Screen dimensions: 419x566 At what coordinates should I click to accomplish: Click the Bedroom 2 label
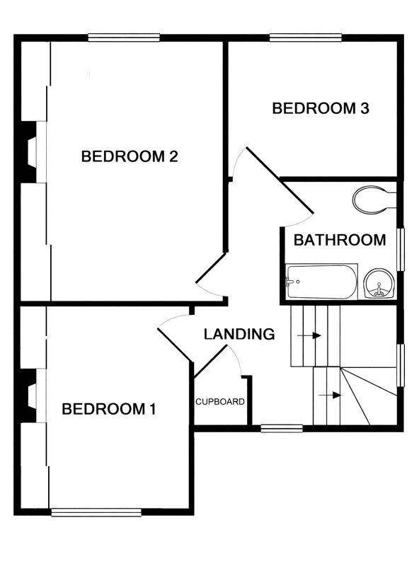tap(130, 156)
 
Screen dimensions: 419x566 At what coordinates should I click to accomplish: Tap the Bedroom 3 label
tap(321, 108)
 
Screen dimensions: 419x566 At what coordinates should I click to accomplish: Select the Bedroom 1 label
tap(109, 409)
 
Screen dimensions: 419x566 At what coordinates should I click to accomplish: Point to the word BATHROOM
tap(340, 240)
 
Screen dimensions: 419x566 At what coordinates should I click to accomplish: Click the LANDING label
tap(239, 334)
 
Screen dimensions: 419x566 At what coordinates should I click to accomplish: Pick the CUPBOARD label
tap(220, 401)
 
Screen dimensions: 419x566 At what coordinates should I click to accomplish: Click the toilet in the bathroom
tap(374, 200)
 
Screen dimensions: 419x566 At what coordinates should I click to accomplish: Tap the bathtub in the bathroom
tap(322, 282)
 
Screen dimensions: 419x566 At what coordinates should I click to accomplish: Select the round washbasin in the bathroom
tap(378, 284)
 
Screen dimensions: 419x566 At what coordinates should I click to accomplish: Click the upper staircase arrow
tap(309, 335)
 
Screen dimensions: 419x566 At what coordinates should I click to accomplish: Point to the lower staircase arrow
tap(329, 395)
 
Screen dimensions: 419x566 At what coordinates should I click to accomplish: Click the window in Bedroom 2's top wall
tap(124, 37)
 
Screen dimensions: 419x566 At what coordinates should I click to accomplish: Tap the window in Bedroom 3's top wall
tap(306, 37)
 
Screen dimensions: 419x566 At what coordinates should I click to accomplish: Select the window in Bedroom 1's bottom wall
tap(96, 512)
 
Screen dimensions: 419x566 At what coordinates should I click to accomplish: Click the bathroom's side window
tap(401, 249)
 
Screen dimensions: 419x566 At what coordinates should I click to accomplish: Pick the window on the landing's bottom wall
tap(282, 429)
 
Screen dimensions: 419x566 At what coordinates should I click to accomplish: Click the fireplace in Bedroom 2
tap(28, 152)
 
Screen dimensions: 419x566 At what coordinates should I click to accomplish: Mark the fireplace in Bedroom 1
tap(28, 395)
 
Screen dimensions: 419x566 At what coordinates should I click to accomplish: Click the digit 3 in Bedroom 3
tap(365, 108)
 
